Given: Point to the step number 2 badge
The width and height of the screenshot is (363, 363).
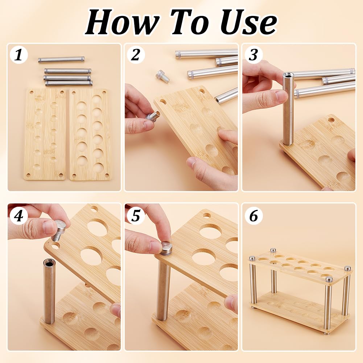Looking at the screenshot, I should coord(136,55).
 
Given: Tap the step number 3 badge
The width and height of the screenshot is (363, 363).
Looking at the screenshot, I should coord(253,55).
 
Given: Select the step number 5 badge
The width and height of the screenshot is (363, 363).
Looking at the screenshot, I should coord(136,216).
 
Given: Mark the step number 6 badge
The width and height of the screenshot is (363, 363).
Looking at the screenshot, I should coord(253,216).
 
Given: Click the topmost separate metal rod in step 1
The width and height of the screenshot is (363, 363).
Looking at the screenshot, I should coord(61,59).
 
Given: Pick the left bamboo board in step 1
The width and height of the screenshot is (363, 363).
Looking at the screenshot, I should coord(45,134).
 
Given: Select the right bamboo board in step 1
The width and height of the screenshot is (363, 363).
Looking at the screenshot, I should coord(90,134).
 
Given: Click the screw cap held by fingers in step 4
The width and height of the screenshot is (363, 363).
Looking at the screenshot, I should coord(59,230).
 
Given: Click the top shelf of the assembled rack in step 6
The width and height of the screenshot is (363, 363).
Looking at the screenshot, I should coord(299,266).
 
